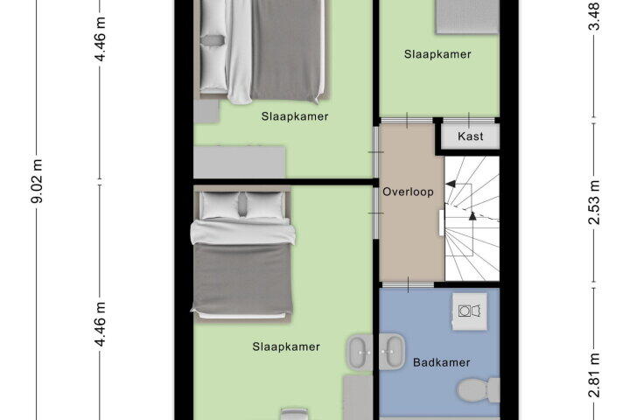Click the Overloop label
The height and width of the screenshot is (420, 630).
pos(408,192)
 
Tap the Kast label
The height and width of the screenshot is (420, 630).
pos(470,136)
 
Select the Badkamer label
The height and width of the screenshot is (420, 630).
pos(441,362)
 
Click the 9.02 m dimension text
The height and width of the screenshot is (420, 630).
pos(38,181)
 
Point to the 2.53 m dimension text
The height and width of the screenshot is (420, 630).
pos(594,202)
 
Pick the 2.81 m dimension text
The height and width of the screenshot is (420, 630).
pos(594,374)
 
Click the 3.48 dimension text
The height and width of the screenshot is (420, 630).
pos(594,16)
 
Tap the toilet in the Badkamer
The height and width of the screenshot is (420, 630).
pos(479,390)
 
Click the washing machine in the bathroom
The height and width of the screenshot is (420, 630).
pos(470,311)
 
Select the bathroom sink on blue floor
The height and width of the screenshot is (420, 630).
pos(392,351)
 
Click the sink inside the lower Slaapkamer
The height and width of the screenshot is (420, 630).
pos(360,352)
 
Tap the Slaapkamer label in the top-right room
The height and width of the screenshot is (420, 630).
pos(437,54)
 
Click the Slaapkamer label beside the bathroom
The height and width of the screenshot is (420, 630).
pos(286,346)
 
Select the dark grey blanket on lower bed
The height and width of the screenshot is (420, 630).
pos(242,278)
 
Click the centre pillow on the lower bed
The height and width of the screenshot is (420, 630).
pos(242,204)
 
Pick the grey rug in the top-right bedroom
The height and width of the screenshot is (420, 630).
pos(467,16)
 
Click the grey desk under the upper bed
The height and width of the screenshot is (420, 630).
pos(240,162)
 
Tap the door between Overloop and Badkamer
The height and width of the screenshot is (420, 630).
pos(408,284)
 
